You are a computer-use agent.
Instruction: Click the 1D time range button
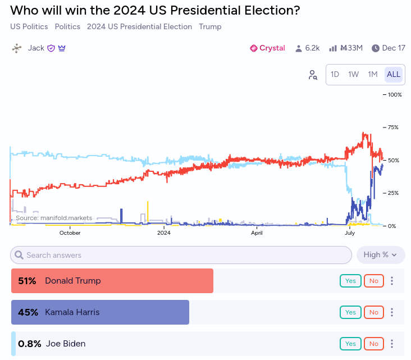coord(335,75)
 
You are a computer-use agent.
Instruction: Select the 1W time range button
coord(353,75)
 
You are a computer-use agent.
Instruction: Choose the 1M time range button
coord(372,75)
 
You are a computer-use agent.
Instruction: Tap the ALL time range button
coord(394,75)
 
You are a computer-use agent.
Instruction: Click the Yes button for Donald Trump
coord(350,281)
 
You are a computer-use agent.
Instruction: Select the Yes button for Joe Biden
coord(350,344)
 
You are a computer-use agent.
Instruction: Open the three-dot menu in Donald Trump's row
coord(392,281)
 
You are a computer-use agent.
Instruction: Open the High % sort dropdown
coord(380,255)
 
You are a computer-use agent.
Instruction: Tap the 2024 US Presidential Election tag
coord(139,26)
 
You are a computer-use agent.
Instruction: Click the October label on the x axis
coord(70,233)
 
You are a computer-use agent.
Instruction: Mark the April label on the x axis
coord(257,233)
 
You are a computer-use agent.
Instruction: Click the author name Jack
coord(36,48)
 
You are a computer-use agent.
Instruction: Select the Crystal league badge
coord(268,48)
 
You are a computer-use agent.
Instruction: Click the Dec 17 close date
coord(389,48)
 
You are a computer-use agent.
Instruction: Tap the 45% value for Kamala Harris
coord(27,312)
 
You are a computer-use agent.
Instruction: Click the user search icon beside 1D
coord(313,75)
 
